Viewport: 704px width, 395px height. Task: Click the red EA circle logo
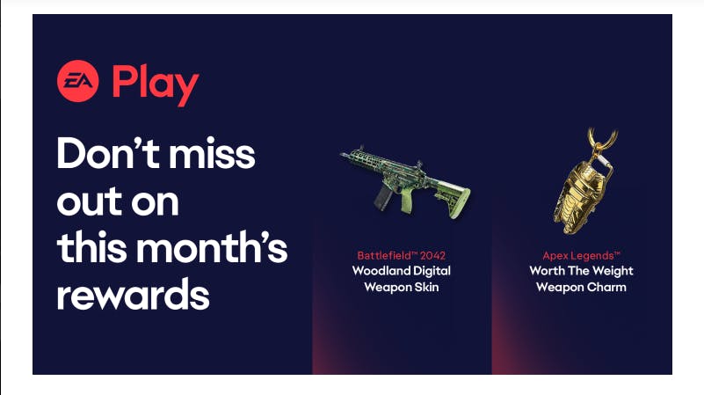point(77,81)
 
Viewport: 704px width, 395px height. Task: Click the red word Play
point(156,85)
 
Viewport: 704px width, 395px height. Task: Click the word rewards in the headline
point(133,295)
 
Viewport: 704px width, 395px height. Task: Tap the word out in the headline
point(90,201)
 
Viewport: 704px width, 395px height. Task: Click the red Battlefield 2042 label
point(402,255)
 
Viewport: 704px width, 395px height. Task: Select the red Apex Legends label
point(581,256)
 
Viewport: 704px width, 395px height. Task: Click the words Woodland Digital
point(402,271)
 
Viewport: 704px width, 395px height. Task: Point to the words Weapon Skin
point(402,287)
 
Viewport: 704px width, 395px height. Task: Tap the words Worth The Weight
point(581,271)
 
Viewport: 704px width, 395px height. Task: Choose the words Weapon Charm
point(581,287)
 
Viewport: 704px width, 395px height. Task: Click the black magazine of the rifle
point(383,197)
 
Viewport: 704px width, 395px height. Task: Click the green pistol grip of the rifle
point(407,200)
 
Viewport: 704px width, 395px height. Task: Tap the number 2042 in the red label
point(432,255)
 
